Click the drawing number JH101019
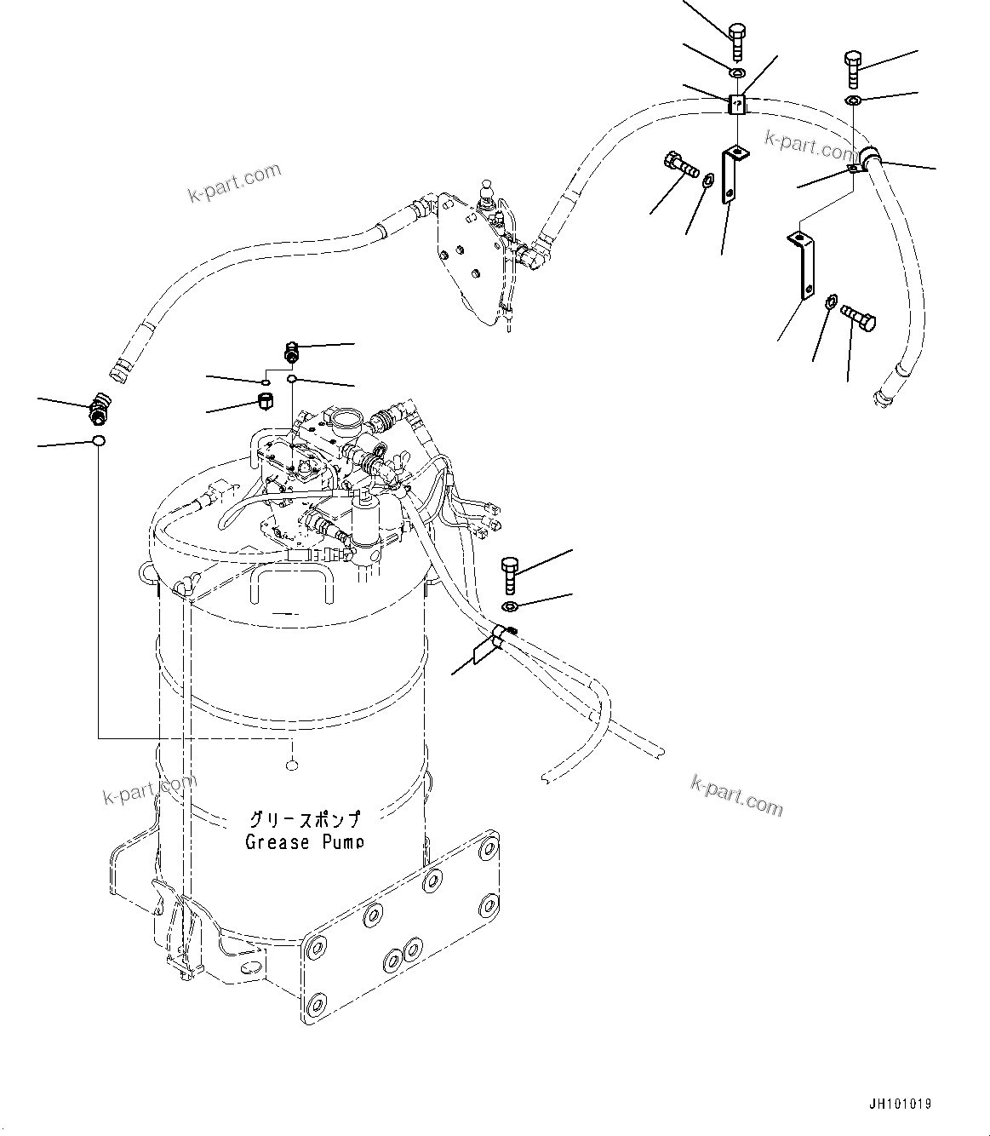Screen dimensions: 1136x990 [901, 1104]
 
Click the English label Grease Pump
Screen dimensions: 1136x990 [304, 842]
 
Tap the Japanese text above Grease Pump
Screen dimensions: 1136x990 [304, 820]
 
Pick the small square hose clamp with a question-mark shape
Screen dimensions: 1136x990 [736, 105]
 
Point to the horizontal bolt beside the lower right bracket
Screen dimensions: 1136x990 [856, 316]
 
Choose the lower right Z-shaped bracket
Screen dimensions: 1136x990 [803, 262]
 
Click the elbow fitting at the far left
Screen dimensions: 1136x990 [100, 407]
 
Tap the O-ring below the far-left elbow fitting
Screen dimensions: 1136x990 [100, 441]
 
